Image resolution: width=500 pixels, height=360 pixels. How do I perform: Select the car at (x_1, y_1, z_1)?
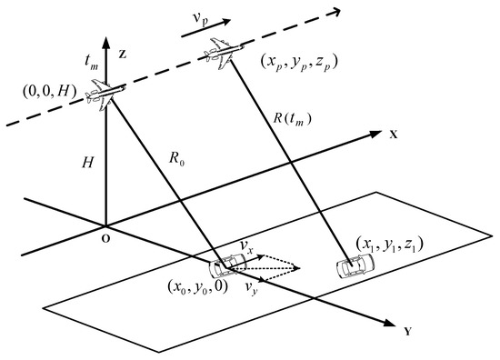(353, 266)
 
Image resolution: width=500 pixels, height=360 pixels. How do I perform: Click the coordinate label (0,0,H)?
(57, 91)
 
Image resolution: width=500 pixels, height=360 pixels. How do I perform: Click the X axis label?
(394, 133)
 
